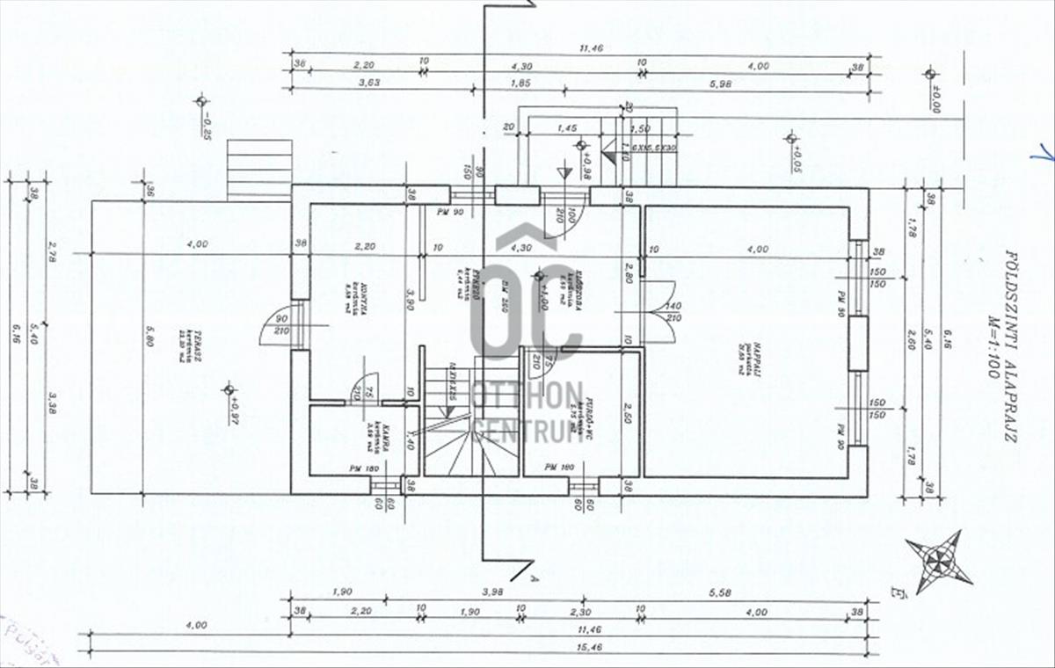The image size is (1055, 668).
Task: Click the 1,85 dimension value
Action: [x=520, y=83]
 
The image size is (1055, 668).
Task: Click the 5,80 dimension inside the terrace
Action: [x=150, y=337]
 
